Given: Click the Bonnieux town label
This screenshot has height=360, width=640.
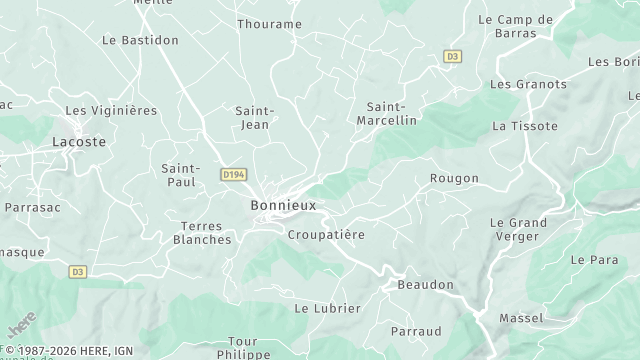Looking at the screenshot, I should click(x=283, y=205).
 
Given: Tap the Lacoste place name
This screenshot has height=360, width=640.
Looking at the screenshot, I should click(x=79, y=143).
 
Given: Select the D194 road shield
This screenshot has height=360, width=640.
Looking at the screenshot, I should click(x=234, y=174).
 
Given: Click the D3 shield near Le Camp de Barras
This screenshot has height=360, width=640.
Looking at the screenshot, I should click(x=452, y=57).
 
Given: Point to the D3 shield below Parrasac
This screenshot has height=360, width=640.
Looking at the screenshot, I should click(x=78, y=271).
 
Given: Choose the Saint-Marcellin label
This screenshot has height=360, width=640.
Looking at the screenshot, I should click(x=386, y=112).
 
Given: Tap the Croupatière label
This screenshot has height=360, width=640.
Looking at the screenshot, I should click(x=326, y=234).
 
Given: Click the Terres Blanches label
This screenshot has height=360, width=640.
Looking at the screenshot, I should click(x=202, y=232).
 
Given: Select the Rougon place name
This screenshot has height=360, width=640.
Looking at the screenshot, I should click(x=454, y=178).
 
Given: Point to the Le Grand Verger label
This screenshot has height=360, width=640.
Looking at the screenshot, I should click(x=518, y=229).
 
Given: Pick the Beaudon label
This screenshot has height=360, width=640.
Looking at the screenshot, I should click(x=425, y=285).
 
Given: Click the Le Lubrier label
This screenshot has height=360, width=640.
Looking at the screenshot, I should click(x=327, y=308).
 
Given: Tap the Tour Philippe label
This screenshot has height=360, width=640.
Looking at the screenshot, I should click(x=242, y=347).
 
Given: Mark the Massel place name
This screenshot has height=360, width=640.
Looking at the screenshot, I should click(x=521, y=318).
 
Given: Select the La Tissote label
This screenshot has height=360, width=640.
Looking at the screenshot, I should click(x=518, y=126).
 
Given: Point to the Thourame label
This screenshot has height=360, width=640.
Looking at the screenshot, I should click(x=269, y=24).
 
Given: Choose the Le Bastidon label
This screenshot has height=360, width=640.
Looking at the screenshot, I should click(x=141, y=40).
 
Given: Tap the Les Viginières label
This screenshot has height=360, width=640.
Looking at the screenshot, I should click(x=111, y=110).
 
